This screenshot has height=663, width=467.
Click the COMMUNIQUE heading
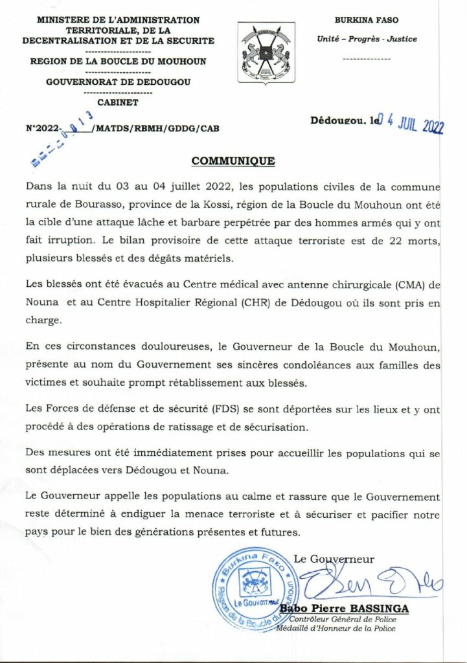(233, 161)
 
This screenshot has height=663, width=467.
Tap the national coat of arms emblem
(266, 53)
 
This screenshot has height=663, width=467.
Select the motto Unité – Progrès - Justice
(367, 39)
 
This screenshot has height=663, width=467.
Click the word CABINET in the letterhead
(117, 102)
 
